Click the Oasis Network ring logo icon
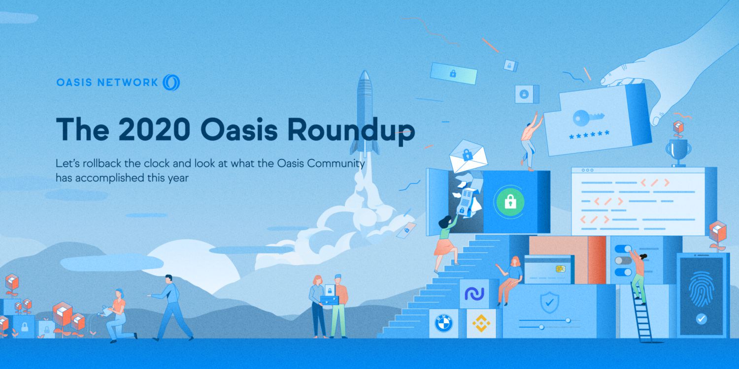click(x=171, y=82)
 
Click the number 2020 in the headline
click(x=154, y=129)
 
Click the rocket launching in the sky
click(x=365, y=113)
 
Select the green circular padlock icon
click(x=510, y=202)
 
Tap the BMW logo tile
click(x=443, y=324)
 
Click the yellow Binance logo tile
click(x=481, y=324)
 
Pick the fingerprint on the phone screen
click(x=702, y=289)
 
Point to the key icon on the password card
click(x=588, y=117)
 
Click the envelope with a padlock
click(x=468, y=156)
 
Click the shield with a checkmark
click(x=549, y=302)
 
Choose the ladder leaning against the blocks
click(x=641, y=313)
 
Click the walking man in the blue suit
click(x=170, y=307)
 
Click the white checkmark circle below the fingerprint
click(x=701, y=319)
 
